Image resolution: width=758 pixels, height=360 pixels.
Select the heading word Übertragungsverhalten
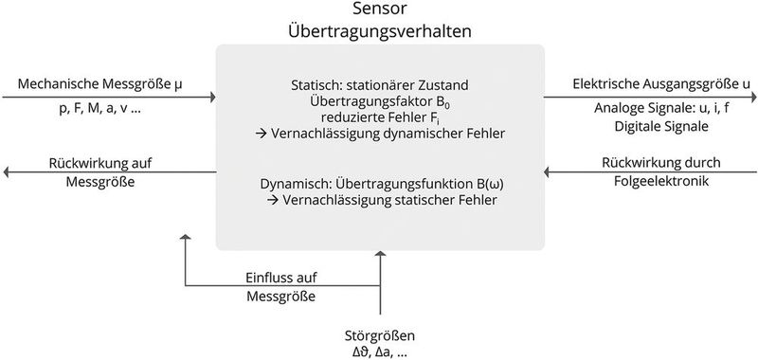tap(380, 31)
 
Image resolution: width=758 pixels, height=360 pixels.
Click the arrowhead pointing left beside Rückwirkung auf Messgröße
tap(7, 172)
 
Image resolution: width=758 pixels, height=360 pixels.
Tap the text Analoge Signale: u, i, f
tap(650, 109)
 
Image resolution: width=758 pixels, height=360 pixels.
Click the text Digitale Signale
tap(650, 125)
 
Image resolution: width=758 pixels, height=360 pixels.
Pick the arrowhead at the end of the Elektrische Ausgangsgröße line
tap(751, 97)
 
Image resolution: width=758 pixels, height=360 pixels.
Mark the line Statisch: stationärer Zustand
tap(380, 84)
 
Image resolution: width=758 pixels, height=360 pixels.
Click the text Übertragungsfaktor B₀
tap(380, 100)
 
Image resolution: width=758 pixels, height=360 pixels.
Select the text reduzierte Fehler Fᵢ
tap(380, 117)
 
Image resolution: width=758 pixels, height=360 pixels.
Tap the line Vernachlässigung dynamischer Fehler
tap(380, 134)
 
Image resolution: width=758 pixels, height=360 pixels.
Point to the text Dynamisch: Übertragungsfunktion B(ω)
tap(380, 184)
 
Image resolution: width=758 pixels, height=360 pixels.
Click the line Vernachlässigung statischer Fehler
tap(380, 201)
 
